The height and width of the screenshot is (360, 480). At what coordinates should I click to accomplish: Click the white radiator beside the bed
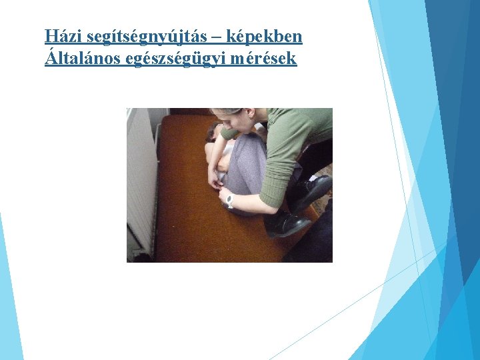click(x=141, y=180)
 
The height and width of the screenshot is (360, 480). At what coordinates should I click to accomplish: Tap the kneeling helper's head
click(x=233, y=118)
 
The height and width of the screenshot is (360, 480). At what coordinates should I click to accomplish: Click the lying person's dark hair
click(x=214, y=130)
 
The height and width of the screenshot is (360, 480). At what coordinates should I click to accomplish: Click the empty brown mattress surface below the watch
click(x=213, y=233)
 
